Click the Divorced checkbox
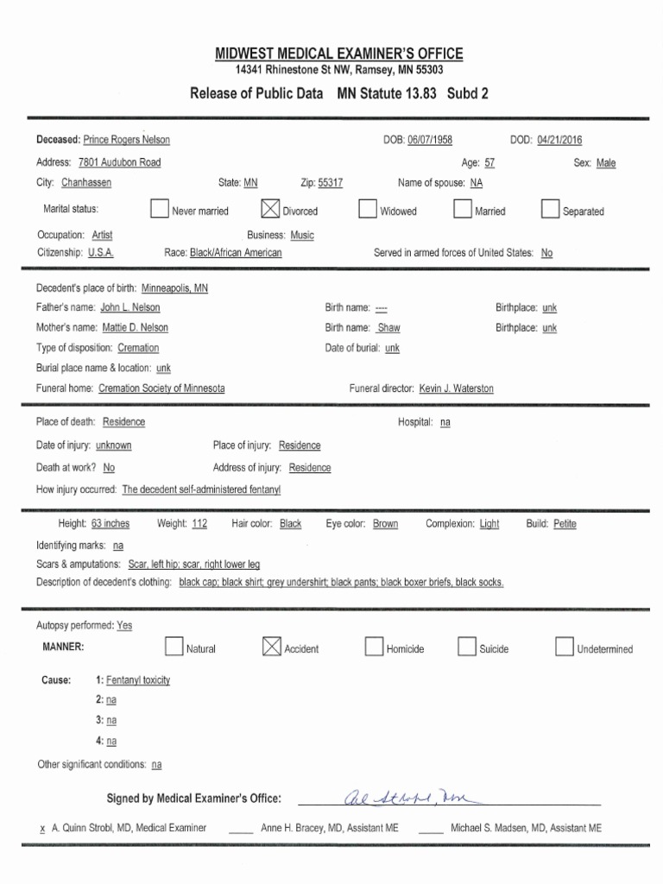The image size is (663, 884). tap(270, 210)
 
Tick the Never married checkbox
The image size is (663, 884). tap(159, 210)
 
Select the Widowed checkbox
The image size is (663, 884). tap(368, 210)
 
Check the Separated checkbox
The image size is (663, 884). tap(550, 210)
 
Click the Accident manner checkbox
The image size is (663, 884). tap(271, 647)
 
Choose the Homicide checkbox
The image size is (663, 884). tap(374, 647)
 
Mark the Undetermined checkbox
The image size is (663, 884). tap(565, 647)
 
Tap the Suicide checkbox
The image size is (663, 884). tap(467, 647)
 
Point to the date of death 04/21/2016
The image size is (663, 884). tap(559, 141)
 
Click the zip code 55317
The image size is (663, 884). tap(331, 183)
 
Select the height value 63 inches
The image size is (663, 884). tap(110, 524)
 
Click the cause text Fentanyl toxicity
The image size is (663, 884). tap(138, 680)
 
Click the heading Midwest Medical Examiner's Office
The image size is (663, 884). tap(339, 54)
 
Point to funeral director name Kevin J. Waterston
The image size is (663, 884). tap(457, 388)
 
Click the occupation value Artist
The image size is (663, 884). tap(102, 235)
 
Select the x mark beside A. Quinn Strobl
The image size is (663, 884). tap(42, 829)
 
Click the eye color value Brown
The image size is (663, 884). tap(385, 524)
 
